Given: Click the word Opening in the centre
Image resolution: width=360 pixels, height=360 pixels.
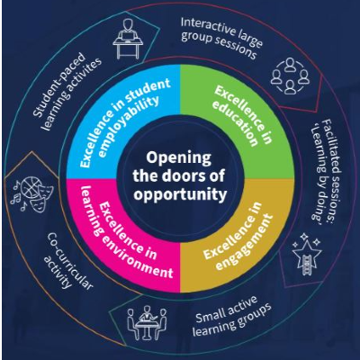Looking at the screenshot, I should pyautogui.click(x=180, y=154).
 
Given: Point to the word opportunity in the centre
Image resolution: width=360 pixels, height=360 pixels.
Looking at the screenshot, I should pyautogui.click(x=180, y=193).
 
